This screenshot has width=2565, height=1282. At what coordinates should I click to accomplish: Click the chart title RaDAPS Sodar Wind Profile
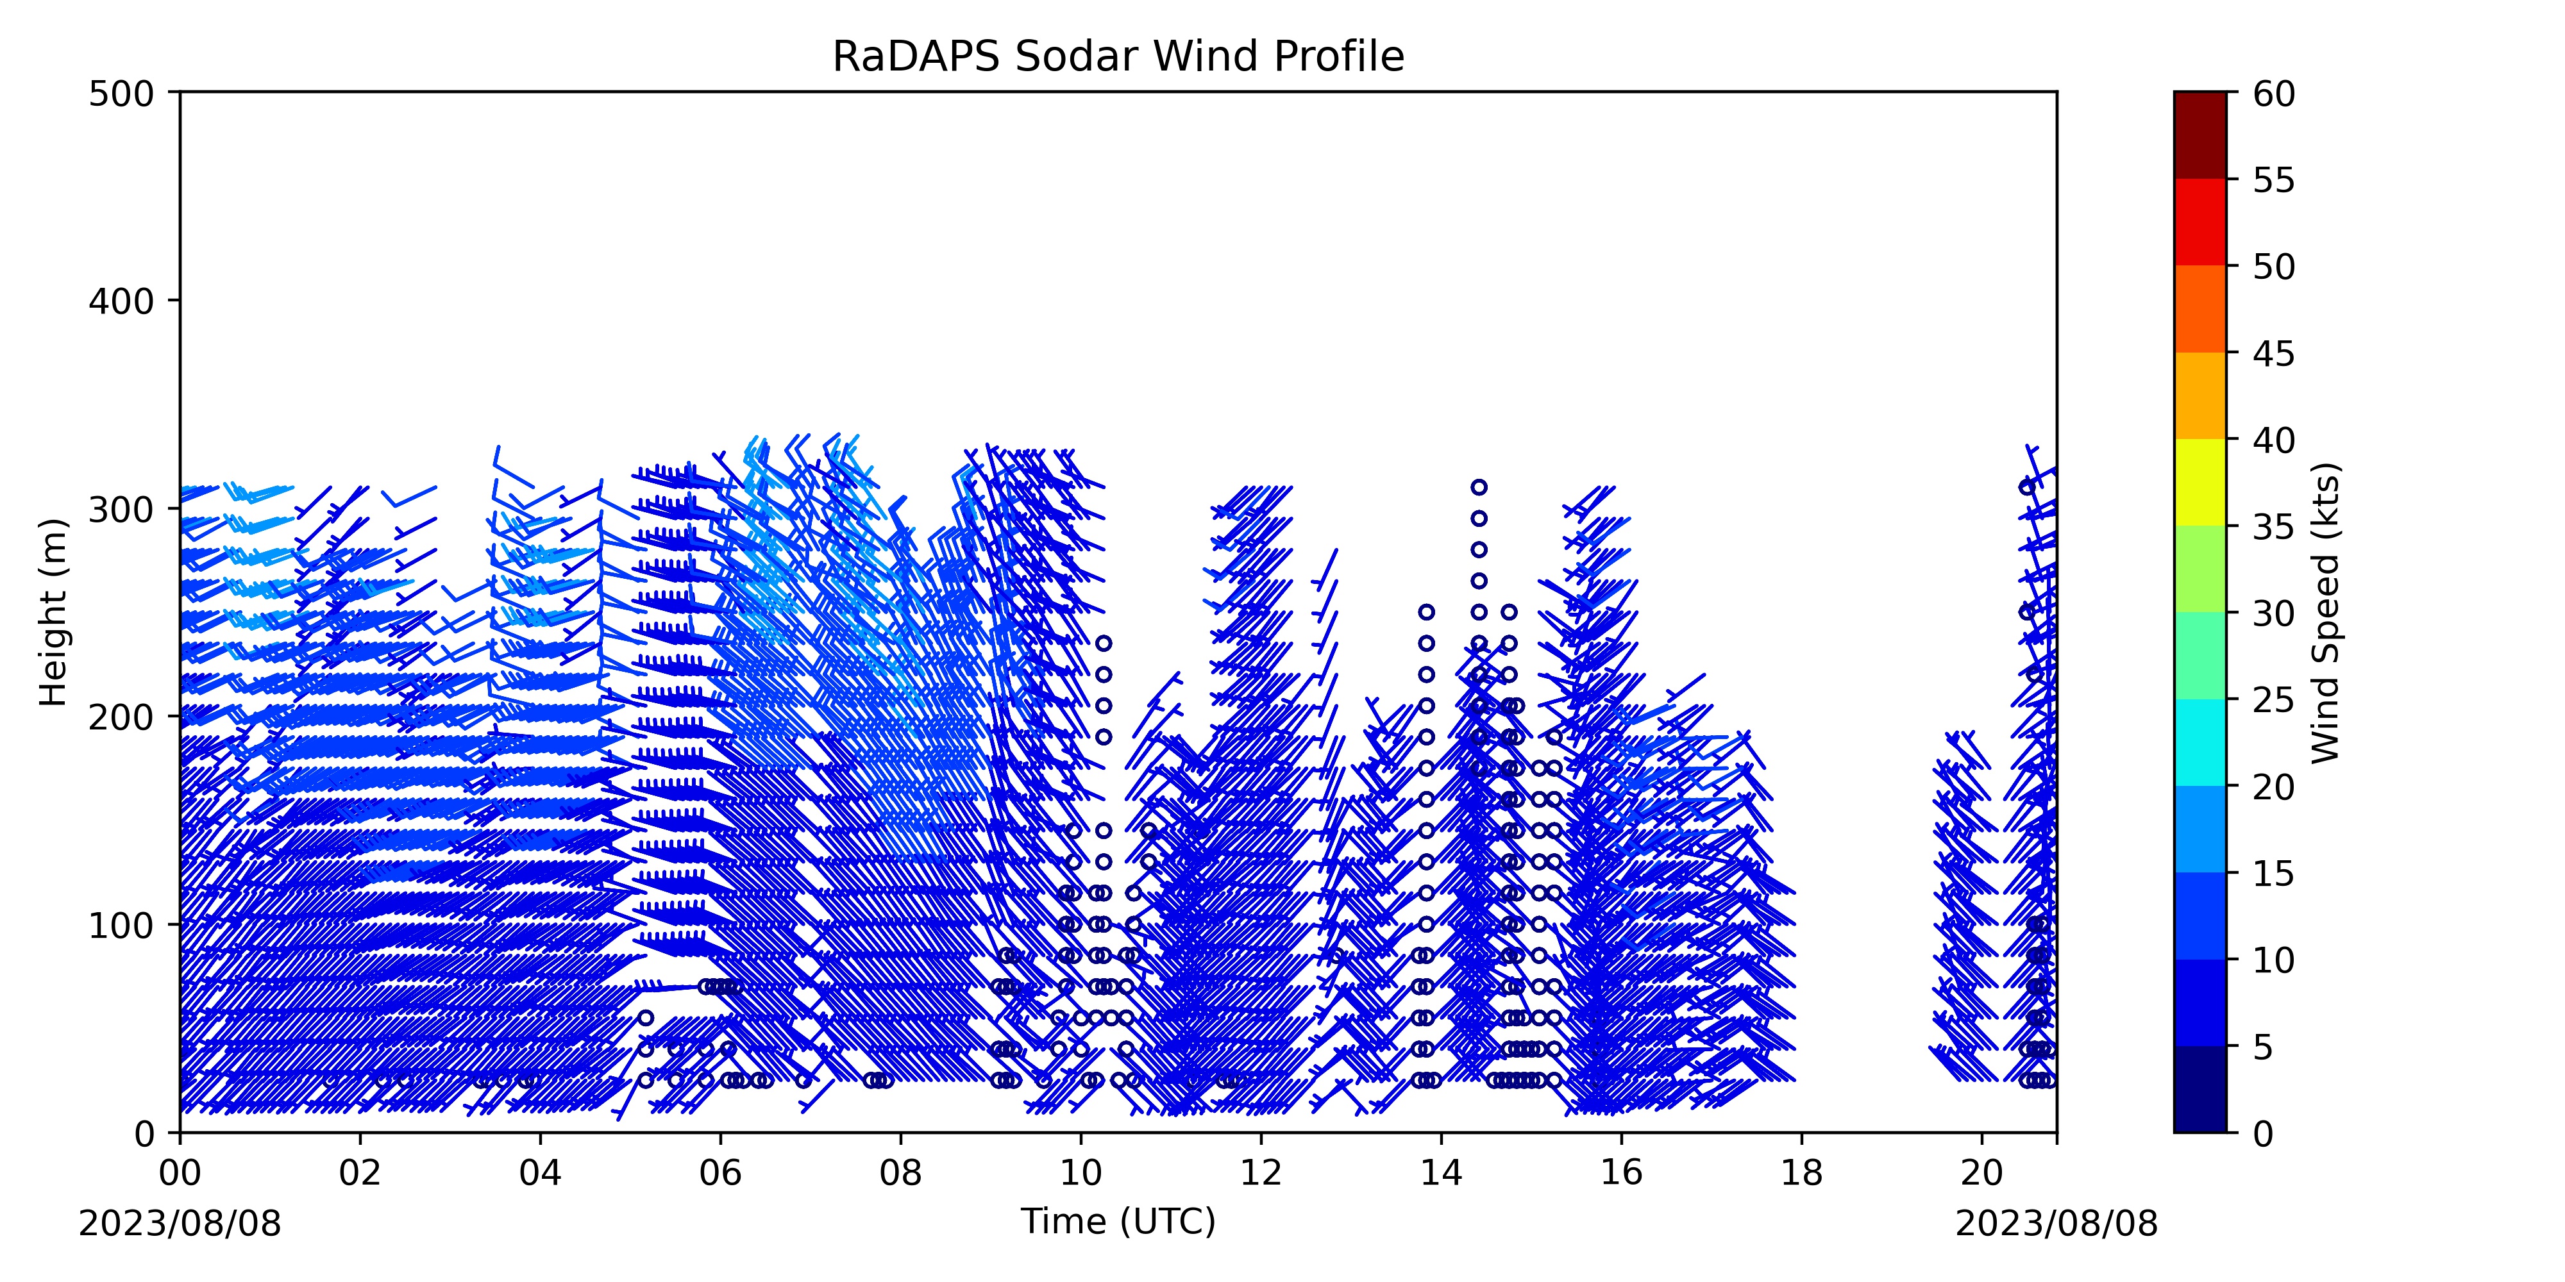coord(1118,57)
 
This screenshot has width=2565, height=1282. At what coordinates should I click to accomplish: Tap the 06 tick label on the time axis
coord(721,1172)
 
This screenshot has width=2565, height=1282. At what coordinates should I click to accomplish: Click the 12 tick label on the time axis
coord(1261,1172)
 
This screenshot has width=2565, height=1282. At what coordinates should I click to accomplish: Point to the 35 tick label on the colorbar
coord(2275,526)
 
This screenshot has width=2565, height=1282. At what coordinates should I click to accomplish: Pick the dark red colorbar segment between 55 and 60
coord(2199,135)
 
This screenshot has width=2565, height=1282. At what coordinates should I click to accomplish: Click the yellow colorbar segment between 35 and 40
coord(2199,483)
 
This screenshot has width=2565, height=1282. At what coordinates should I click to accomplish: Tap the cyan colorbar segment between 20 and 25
coord(2199,742)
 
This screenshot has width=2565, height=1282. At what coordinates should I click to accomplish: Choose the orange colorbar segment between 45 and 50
coord(2199,308)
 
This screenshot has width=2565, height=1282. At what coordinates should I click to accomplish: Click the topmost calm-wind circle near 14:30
coord(1479,487)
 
